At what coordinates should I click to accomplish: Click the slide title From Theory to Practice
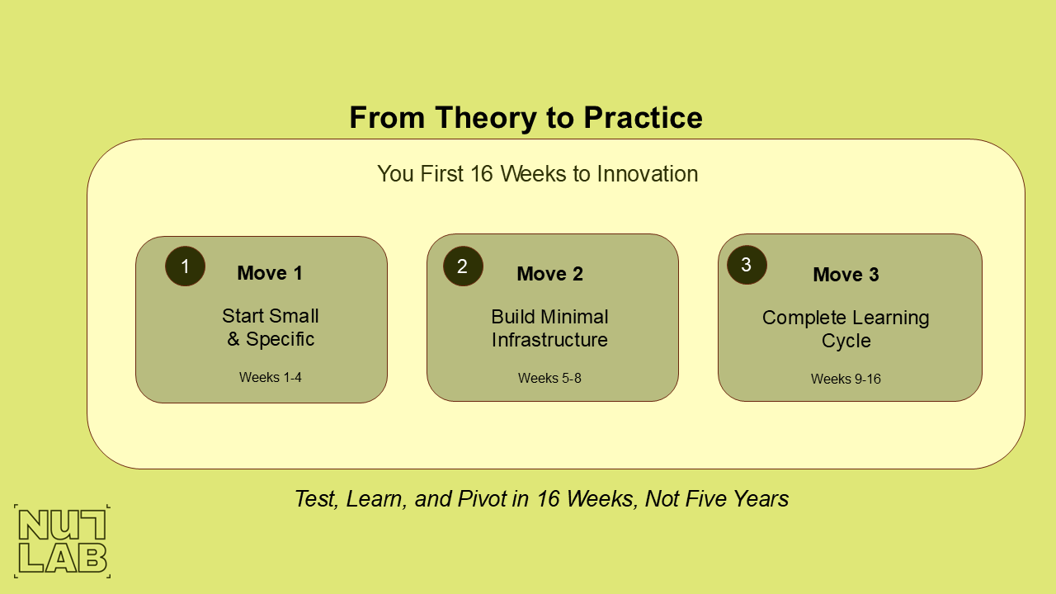pos(526,118)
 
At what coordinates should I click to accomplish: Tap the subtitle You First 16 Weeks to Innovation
pos(537,174)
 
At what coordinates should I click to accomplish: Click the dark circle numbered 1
pos(185,266)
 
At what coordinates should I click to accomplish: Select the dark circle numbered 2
pos(463,266)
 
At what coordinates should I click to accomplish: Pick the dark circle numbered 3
pos(747,265)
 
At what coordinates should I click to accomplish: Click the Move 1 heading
pos(270,273)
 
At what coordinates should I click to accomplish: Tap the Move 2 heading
pos(549,274)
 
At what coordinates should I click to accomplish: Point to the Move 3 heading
pos(846,275)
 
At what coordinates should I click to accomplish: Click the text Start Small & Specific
pos(271,328)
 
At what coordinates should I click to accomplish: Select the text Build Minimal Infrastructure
pos(549,328)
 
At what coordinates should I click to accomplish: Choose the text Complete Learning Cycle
pos(846,329)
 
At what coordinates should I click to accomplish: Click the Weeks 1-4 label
pos(271,377)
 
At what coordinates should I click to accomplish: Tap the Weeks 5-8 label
pos(549,378)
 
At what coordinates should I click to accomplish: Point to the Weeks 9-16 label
pos(846,379)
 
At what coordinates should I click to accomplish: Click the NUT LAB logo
pos(62,541)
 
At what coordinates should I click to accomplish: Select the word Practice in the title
pos(643,118)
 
